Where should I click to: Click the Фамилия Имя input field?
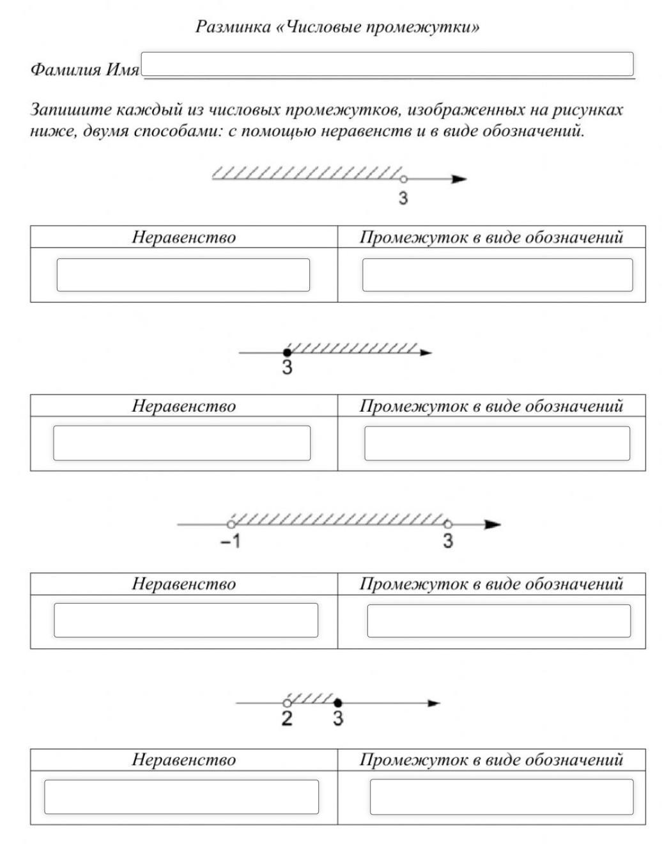[387, 64]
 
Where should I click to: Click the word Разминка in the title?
[233, 27]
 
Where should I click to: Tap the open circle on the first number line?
[403, 179]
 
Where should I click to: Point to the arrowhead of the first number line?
[459, 179]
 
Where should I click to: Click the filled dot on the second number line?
[287, 353]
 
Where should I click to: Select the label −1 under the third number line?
[231, 541]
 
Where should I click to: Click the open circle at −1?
[231, 525]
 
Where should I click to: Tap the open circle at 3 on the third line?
[448, 525]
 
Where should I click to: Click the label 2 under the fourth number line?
[287, 718]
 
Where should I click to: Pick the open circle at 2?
[287, 703]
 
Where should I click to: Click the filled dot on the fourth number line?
[338, 703]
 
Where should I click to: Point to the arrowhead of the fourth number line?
[433, 703]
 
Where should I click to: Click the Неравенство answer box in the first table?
[183, 275]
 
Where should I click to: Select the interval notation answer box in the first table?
[498, 275]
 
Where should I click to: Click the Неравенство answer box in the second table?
[182, 443]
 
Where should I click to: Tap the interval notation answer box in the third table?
[499, 621]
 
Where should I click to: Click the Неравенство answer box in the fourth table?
[181, 797]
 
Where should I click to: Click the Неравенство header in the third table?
[183, 584]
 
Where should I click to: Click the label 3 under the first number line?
[404, 198]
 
